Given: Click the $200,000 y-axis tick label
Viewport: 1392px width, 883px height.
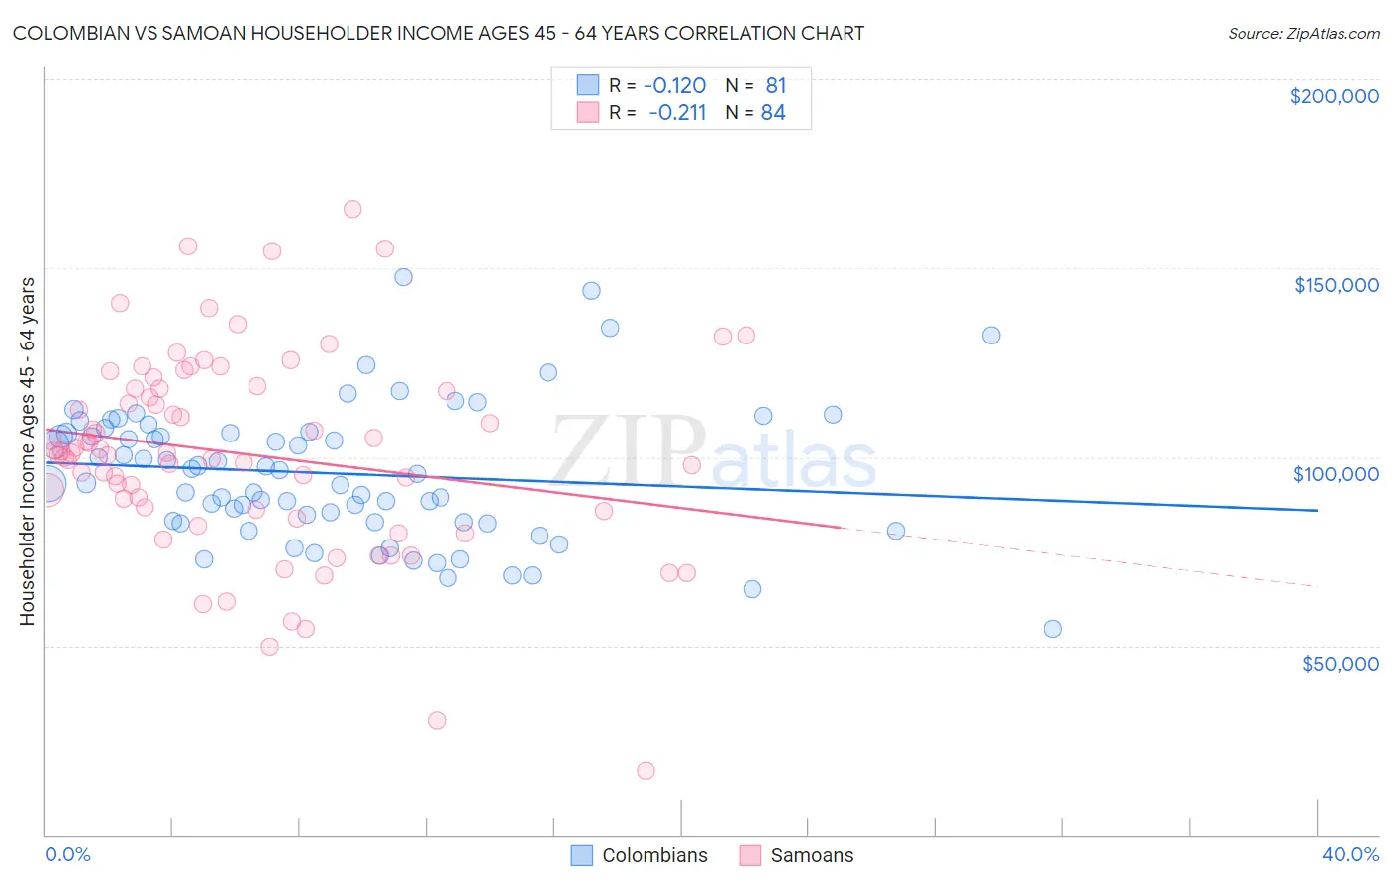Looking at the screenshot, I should tap(1334, 96).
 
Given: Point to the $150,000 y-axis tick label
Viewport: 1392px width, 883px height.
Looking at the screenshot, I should tap(1336, 285).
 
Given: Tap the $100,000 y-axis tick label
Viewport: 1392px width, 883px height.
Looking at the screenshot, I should tap(1336, 474).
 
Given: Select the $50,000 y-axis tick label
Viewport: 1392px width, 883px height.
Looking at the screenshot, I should tap(1340, 663).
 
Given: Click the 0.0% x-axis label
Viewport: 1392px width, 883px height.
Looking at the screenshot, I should tap(67, 854).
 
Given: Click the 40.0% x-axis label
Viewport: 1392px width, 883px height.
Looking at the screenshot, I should tap(1350, 854).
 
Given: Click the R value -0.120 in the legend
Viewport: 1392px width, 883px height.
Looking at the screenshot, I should tap(674, 85).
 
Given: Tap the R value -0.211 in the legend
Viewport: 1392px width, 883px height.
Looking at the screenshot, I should tap(677, 112).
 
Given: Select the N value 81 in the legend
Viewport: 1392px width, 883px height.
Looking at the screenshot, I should tap(776, 85).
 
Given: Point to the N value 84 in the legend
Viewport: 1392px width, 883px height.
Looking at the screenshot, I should tap(773, 112).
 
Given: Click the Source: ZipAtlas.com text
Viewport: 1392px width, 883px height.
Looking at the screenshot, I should tap(1303, 33).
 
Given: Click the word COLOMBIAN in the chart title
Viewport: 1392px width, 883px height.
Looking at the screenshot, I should tap(64, 33).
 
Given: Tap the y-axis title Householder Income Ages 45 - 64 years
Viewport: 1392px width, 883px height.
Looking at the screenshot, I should tap(27, 451).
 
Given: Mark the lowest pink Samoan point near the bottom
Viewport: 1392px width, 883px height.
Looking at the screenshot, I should tap(646, 771).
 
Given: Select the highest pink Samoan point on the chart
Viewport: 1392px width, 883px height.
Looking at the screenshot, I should tap(352, 209).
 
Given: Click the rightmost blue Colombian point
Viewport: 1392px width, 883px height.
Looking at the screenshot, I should tap(1053, 629).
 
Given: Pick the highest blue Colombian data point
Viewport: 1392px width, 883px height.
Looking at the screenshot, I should tap(403, 277).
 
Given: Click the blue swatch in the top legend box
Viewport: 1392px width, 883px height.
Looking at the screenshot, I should tap(588, 85).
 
